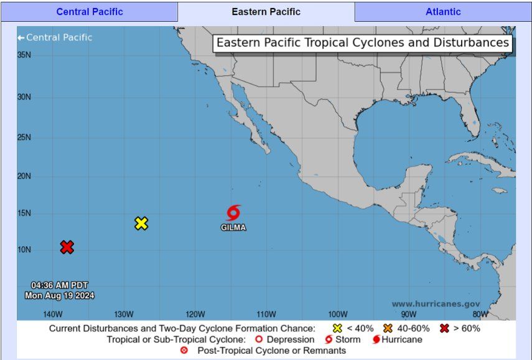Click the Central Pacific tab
click(x=90, y=12)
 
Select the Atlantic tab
click(x=443, y=12)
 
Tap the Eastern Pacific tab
click(x=266, y=12)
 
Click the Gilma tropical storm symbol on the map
click(x=233, y=213)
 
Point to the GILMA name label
click(x=233, y=228)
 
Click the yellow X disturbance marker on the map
click(x=141, y=223)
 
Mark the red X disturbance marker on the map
click(x=67, y=247)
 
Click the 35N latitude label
click(x=24, y=55)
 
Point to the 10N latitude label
click(x=24, y=250)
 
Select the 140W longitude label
click(x=52, y=313)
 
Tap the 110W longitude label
click(x=266, y=313)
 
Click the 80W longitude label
click(x=480, y=313)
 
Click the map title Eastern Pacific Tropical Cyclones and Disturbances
click(x=362, y=44)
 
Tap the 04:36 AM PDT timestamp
click(x=60, y=285)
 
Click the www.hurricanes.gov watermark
click(x=436, y=304)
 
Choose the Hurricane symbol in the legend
click(x=376, y=339)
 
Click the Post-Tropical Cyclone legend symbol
click(x=184, y=351)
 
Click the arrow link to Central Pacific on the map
click(x=55, y=37)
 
